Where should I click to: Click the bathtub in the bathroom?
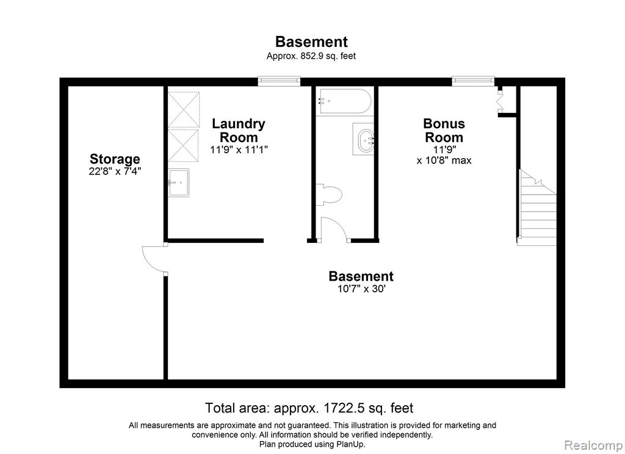point(345,101)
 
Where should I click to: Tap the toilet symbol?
point(329,195)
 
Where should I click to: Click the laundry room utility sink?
point(178,182)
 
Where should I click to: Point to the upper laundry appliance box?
point(183,110)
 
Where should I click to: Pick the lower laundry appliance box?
point(183,145)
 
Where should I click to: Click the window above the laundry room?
point(279,81)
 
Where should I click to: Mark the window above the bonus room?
point(473,81)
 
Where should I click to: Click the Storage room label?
point(115,159)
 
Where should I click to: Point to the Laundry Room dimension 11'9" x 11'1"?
point(239,150)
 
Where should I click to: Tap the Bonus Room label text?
point(444,131)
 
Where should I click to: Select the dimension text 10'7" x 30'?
point(361,289)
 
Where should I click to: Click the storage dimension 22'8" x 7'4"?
point(115,171)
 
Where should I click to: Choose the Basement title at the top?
point(311,42)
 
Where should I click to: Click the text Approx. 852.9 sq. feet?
point(311,56)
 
